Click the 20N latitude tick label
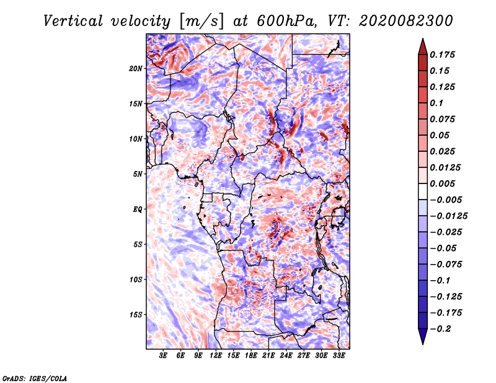coord(136,69)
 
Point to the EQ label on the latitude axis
coord(138,209)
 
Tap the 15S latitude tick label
coord(136,315)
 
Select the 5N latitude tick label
coord(138,174)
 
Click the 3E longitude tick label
coord(163,355)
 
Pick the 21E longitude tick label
coord(268,355)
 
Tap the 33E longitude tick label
coord(339,355)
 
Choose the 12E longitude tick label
coord(216,355)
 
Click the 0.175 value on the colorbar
coord(442,55)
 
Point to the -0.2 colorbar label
coord(440,329)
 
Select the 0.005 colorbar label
coord(442,183)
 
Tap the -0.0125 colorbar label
coord(448,216)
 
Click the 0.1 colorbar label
coord(436,103)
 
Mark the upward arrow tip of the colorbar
coord(423,39)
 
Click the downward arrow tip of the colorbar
coord(423,344)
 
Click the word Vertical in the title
coord(73,21)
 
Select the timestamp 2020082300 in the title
coord(406,21)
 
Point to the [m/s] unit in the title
coord(201,22)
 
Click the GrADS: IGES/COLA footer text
coord(35,378)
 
